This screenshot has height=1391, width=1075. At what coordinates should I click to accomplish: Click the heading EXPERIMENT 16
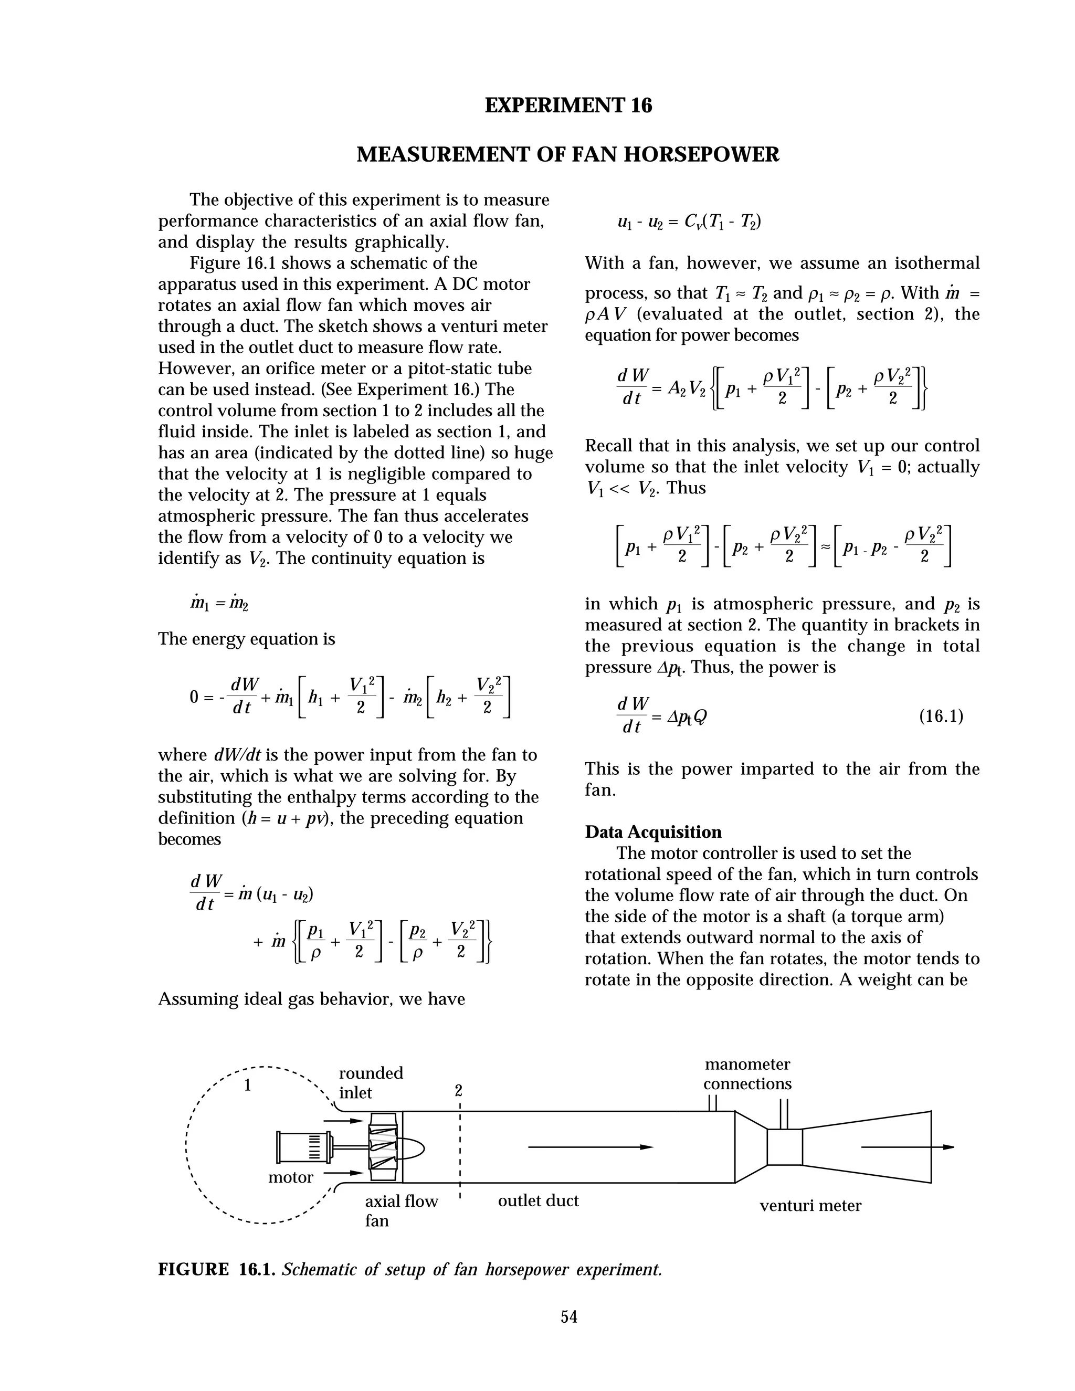pyautogui.click(x=568, y=105)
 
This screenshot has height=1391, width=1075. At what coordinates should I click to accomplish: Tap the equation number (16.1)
pyautogui.click(x=941, y=716)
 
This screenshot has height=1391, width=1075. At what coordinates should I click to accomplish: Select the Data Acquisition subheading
pyautogui.click(x=653, y=832)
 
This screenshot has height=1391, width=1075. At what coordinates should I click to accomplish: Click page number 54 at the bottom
pyautogui.click(x=568, y=1316)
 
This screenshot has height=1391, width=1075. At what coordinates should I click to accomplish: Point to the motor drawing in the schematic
pyautogui.click(x=304, y=1147)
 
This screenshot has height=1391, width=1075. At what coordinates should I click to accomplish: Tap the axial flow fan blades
pyautogui.click(x=383, y=1147)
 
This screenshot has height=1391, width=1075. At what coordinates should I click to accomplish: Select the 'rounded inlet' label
pyautogui.click(x=371, y=1083)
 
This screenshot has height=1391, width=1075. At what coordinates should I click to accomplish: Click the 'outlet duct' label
pyautogui.click(x=538, y=1200)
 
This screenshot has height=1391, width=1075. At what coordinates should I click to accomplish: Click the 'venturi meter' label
pyautogui.click(x=810, y=1205)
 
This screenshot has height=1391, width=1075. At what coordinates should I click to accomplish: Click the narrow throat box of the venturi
pyautogui.click(x=784, y=1147)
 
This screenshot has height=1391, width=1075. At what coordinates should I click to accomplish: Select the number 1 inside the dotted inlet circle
pyautogui.click(x=248, y=1086)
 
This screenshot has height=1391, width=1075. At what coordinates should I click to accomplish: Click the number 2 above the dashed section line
pyautogui.click(x=458, y=1090)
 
